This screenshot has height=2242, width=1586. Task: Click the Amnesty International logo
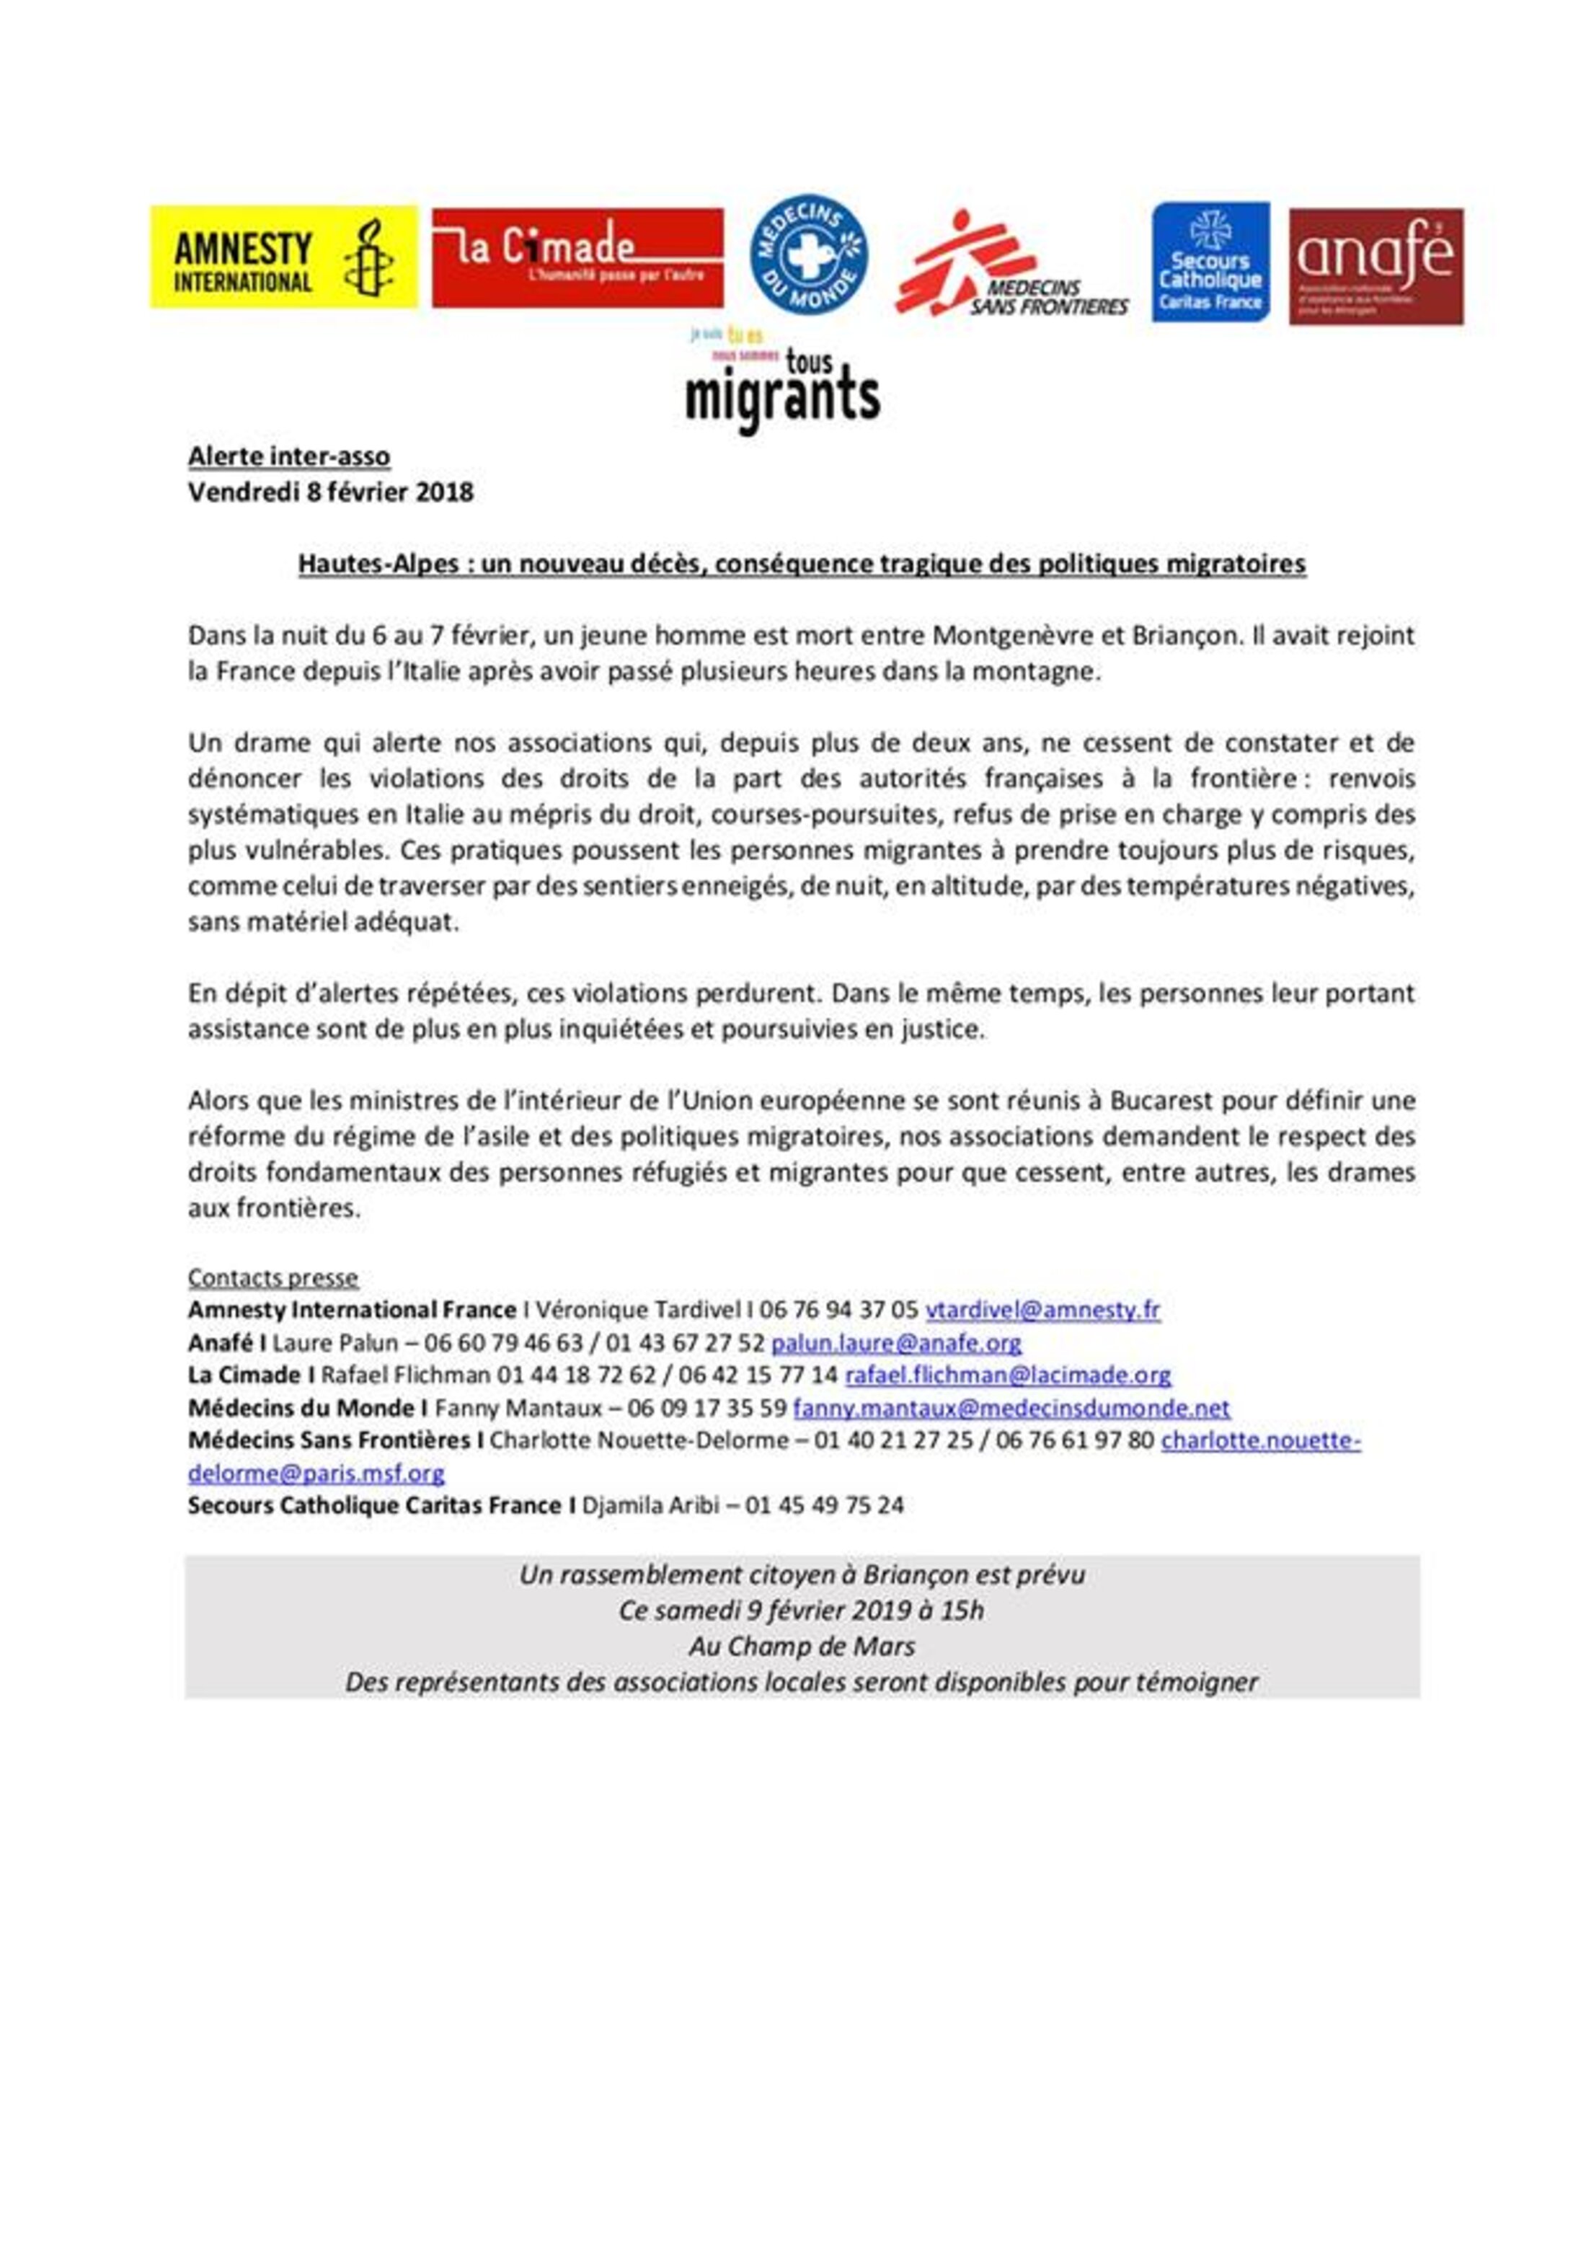coord(283,257)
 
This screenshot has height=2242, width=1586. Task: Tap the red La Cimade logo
coord(577,257)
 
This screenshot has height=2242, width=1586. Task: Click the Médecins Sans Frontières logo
coord(1011,264)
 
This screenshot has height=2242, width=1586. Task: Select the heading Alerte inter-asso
coord(289,456)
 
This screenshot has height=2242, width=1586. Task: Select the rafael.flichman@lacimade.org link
coord(1007,1375)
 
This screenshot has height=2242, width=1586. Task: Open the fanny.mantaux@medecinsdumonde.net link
coord(1011,1408)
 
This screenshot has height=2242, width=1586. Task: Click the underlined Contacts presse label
coord(273,1277)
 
